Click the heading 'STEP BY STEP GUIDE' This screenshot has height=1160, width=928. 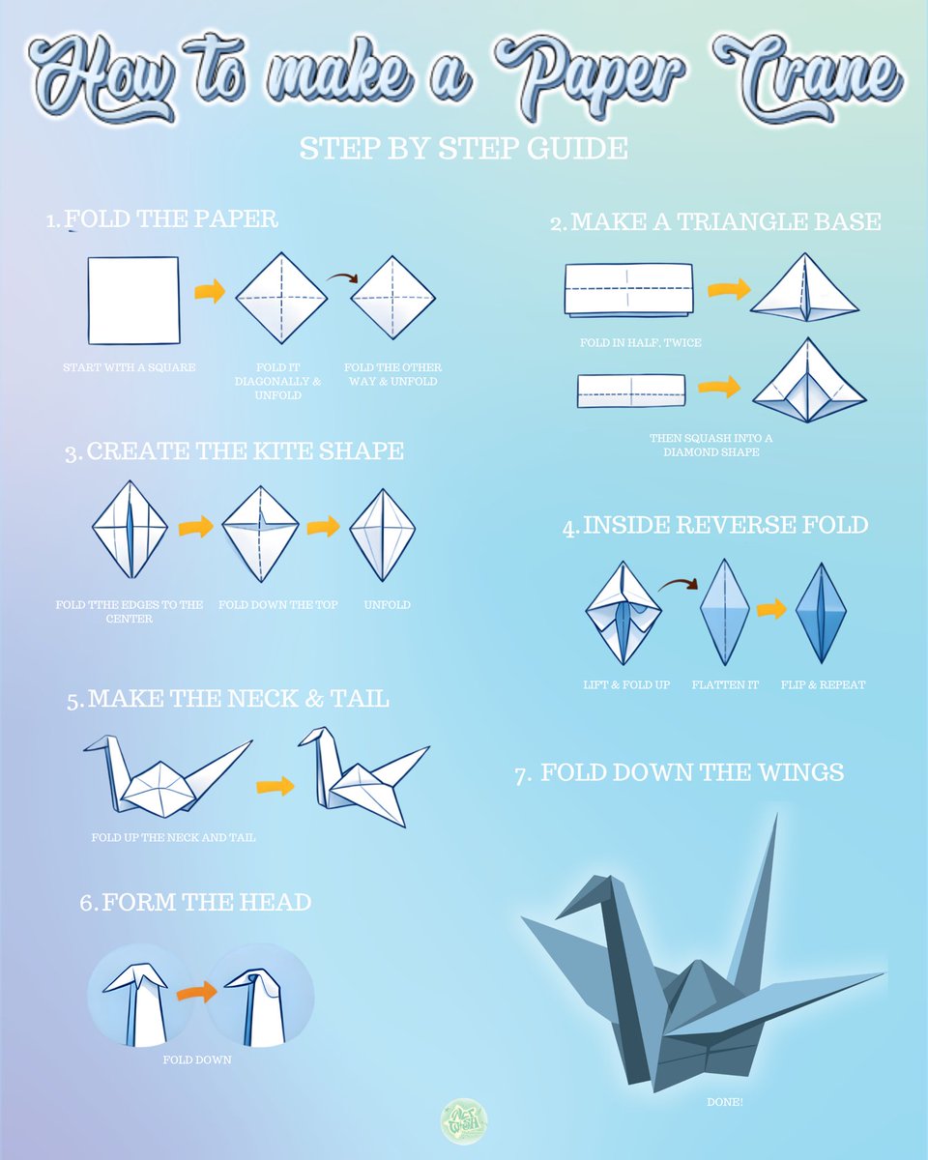[x=463, y=148]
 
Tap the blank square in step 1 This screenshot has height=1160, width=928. [x=133, y=300]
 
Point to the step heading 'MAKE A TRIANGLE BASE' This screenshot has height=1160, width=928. [x=725, y=222]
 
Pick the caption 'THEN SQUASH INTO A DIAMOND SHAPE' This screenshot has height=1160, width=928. [x=710, y=445]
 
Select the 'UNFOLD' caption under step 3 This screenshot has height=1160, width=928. [x=387, y=605]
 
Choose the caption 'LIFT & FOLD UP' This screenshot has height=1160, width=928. [x=626, y=685]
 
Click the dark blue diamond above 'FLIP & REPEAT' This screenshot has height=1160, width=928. [x=821, y=611]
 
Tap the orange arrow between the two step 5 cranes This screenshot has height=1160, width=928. [x=275, y=785]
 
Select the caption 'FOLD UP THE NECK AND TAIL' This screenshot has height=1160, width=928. [x=174, y=838]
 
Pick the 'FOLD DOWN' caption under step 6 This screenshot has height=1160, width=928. [x=197, y=1060]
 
